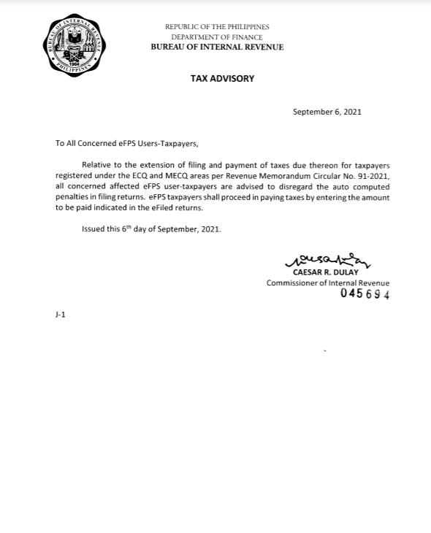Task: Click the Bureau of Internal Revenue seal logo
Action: (74, 45)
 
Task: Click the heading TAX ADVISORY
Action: (222, 78)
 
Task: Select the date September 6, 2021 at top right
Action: (327, 112)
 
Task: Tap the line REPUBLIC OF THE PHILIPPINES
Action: (217, 27)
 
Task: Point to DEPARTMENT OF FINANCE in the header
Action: (217, 37)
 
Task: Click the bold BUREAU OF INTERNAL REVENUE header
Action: (217, 47)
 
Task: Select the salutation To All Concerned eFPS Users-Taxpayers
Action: (126, 143)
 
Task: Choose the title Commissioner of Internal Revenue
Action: (327, 283)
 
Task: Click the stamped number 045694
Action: (365, 294)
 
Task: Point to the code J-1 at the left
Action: (60, 315)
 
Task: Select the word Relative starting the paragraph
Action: (97, 166)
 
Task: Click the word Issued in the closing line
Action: (94, 229)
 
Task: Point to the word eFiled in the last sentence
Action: (162, 208)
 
